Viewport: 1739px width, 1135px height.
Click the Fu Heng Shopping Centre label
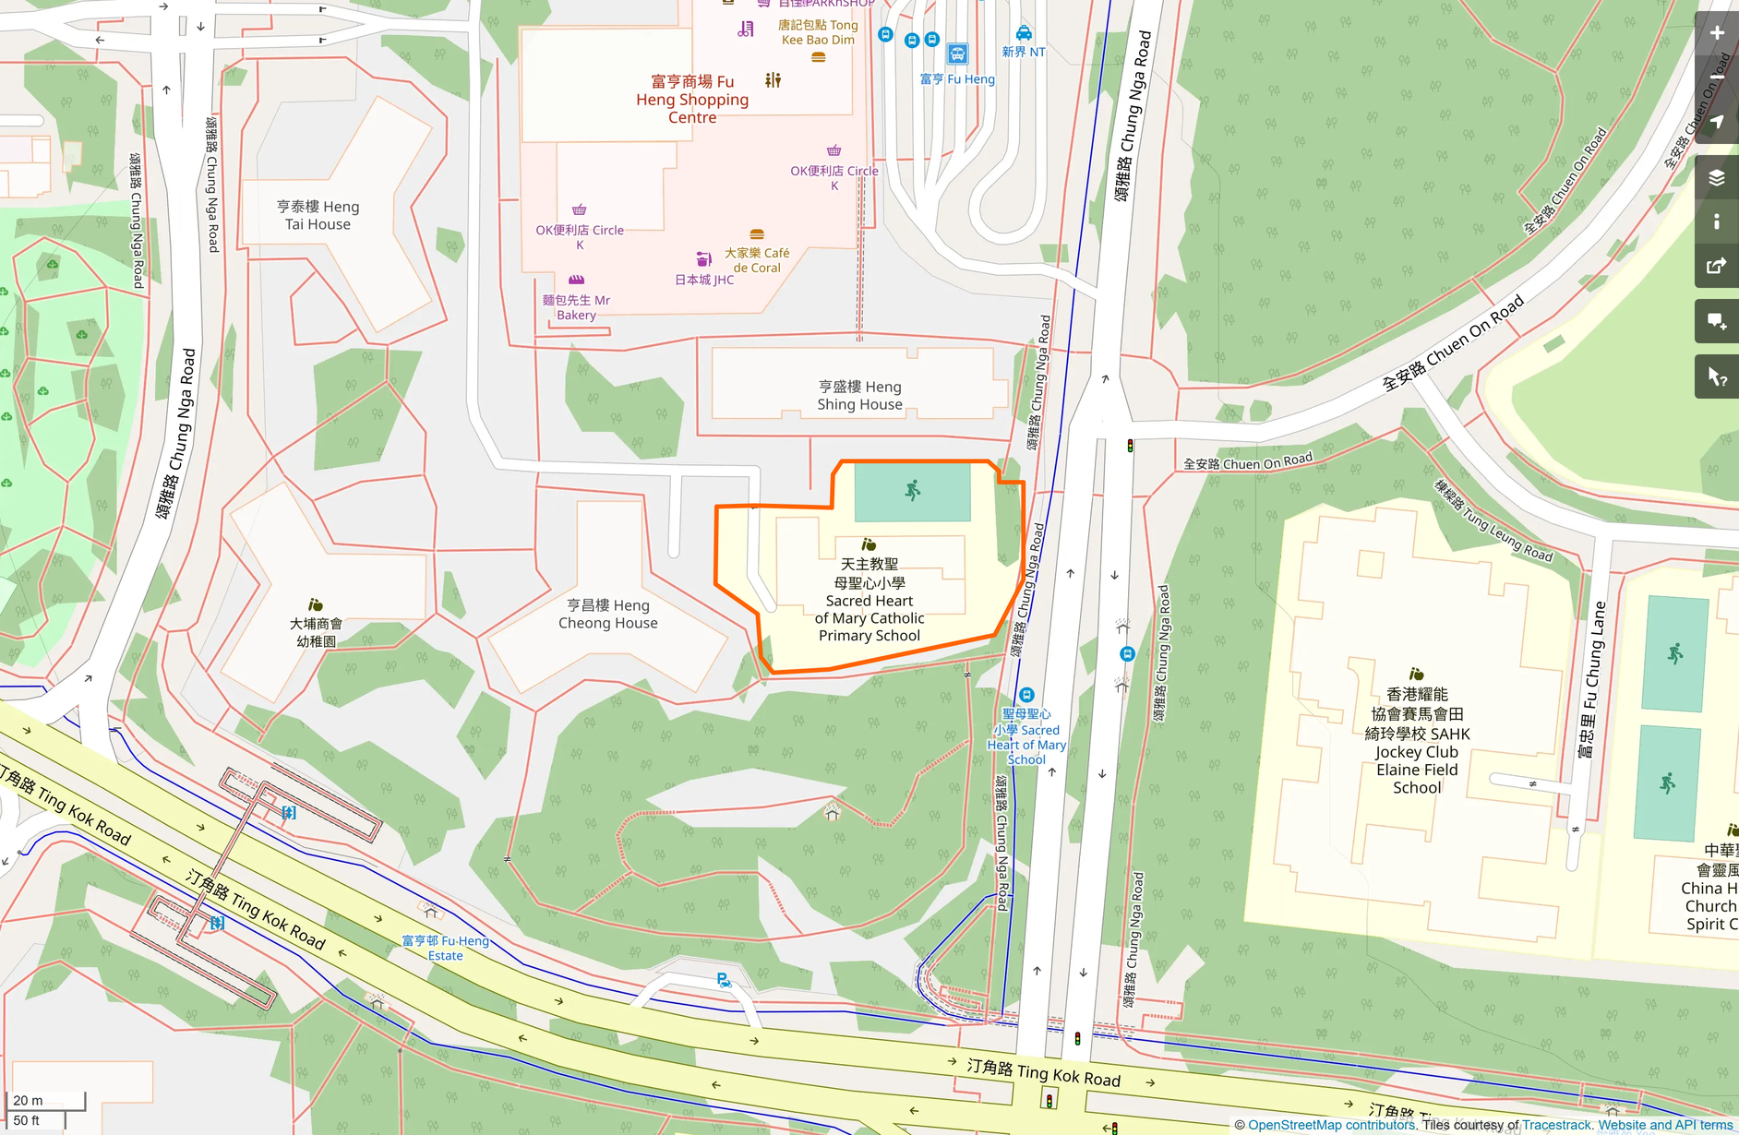[692, 100]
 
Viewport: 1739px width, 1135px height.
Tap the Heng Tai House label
[318, 216]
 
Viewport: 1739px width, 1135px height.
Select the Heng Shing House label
[859, 396]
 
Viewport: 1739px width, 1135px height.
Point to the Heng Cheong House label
[607, 615]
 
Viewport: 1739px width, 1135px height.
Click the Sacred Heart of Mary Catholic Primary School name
[869, 600]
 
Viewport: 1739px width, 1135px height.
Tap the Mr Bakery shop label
[576, 307]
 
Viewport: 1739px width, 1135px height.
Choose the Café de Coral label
[757, 260]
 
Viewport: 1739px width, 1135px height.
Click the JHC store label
[704, 280]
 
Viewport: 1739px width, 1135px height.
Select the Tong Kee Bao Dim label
[818, 32]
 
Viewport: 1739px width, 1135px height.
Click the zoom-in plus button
[1716, 33]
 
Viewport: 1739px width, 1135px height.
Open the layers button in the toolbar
[1716, 177]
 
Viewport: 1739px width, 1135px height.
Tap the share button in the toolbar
[1716, 267]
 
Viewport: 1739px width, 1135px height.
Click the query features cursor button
[1716, 376]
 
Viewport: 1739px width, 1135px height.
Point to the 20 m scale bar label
[28, 1100]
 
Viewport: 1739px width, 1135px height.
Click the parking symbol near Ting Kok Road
[724, 980]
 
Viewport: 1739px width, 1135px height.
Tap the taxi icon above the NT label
[1024, 33]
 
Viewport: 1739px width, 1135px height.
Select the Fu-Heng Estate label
[445, 948]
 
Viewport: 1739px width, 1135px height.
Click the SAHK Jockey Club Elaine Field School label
[1417, 741]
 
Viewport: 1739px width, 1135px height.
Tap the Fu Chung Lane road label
[1593, 679]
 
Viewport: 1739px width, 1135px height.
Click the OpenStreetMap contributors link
[1331, 1125]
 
